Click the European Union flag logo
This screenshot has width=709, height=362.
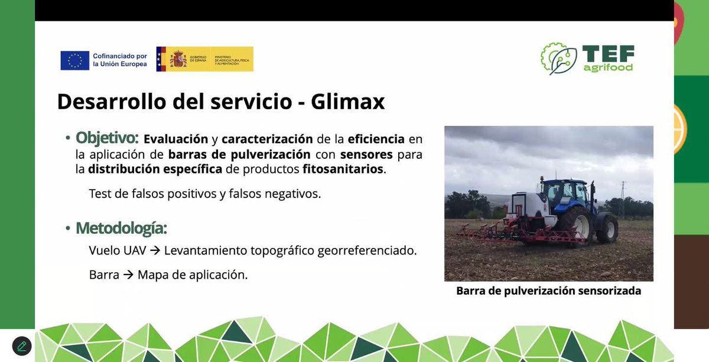coord(75,60)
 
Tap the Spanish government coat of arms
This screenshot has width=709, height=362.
coord(178,59)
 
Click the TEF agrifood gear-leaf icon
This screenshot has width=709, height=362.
coord(558,58)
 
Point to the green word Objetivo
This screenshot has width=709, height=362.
coord(106,138)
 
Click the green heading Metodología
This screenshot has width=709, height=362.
coord(121,228)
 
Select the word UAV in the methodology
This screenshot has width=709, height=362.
coord(134,250)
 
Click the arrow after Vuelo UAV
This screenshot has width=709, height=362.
coord(155,250)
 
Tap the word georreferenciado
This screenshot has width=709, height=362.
coord(367,250)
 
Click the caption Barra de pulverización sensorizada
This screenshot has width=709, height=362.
coord(548,291)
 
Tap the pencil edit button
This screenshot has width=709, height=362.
coord(21,346)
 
